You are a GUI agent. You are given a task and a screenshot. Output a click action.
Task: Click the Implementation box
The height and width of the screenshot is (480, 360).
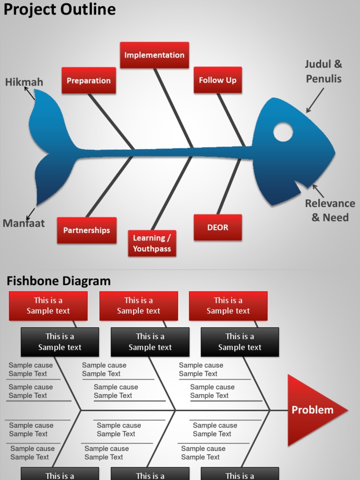click(x=154, y=55)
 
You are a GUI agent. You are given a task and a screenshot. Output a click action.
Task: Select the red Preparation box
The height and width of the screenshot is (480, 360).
click(x=89, y=80)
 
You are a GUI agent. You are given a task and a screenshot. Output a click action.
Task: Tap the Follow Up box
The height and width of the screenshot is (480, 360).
click(x=217, y=80)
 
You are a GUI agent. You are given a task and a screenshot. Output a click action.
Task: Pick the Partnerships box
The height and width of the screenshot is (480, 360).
click(x=87, y=230)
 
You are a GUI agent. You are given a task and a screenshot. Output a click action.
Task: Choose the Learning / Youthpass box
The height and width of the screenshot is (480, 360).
click(x=152, y=243)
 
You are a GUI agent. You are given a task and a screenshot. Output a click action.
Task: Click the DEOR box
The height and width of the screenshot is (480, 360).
click(x=217, y=227)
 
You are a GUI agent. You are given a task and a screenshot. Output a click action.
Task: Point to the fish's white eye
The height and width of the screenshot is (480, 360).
click(x=283, y=132)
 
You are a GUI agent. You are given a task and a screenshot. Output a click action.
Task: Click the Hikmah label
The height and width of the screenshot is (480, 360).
click(x=24, y=82)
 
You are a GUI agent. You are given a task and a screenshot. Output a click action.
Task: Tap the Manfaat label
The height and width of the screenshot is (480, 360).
click(x=23, y=223)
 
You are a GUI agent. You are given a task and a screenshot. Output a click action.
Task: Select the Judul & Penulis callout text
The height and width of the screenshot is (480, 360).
click(x=323, y=71)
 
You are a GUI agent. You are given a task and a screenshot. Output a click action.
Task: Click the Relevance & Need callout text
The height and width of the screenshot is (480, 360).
click(x=330, y=210)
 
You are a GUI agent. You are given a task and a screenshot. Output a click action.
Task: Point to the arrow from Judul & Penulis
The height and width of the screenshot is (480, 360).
click(x=315, y=100)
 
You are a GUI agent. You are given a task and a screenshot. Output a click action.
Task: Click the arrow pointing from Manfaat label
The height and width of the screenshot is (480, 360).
click(x=31, y=214)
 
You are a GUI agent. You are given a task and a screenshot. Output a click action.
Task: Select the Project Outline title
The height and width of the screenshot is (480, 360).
click(x=60, y=9)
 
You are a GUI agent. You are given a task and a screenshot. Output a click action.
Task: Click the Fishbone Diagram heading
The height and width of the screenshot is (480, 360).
click(x=59, y=281)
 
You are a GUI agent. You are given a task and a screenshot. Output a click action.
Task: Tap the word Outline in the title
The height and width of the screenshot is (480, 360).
click(x=89, y=9)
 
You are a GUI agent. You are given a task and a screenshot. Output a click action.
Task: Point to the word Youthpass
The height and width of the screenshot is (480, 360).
click(x=152, y=249)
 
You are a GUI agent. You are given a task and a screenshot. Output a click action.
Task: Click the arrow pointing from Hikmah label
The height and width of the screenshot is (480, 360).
click(x=29, y=93)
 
